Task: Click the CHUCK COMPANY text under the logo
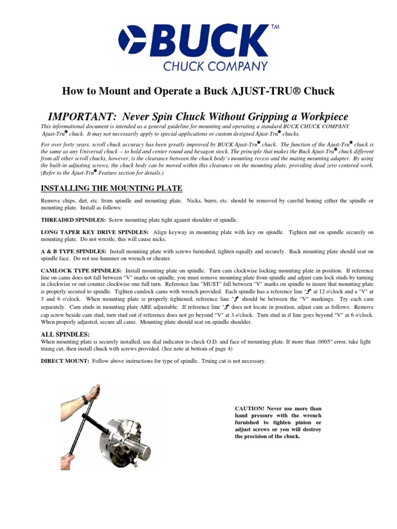tap(216, 66)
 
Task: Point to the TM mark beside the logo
tap(274, 28)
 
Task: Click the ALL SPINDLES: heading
tap(62, 335)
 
